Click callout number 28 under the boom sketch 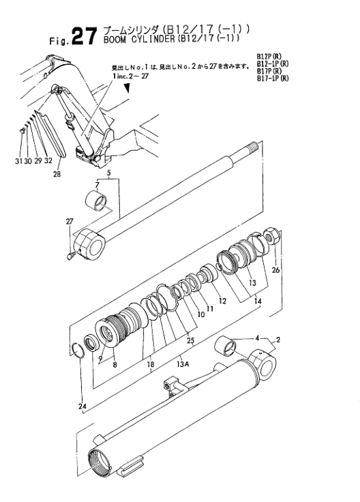[57, 174]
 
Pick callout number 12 [222, 300]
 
